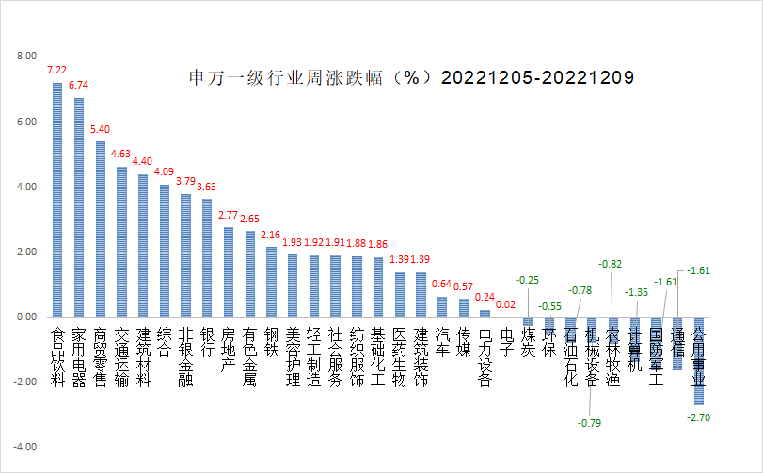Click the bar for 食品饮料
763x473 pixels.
coord(57,200)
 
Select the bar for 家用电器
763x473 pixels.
coord(79,207)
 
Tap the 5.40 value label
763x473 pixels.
coord(100,129)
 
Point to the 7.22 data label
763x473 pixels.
coord(56,70)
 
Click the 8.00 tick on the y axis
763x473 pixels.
coord(26,57)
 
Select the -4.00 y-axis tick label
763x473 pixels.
coord(25,446)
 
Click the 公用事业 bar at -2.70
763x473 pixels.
coord(698,361)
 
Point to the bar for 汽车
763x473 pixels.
coord(442,307)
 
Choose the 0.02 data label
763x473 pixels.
coord(505,304)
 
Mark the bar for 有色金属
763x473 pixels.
coord(250,274)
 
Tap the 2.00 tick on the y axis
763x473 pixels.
coord(26,252)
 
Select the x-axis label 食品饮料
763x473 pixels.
coord(57,358)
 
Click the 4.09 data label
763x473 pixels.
coord(164,171)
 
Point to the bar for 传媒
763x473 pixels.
coord(464,308)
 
